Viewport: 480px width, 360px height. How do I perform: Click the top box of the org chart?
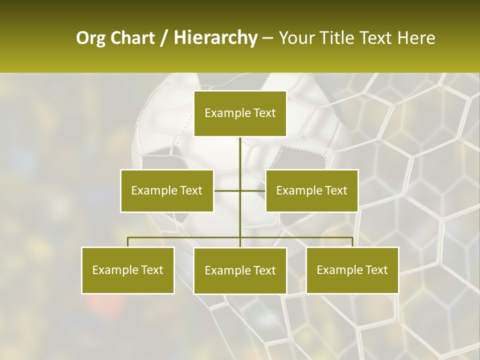(240, 113)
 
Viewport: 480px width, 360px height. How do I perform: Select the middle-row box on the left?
(166, 190)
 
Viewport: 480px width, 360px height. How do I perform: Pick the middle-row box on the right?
(311, 190)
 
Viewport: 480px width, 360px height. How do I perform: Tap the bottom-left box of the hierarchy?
(128, 270)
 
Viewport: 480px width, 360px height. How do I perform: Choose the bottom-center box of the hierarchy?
(240, 270)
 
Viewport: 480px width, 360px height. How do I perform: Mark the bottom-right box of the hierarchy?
(352, 270)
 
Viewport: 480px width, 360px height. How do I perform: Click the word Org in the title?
(90, 38)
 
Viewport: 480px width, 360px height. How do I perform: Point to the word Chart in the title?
(132, 38)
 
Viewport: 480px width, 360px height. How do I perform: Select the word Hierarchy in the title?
(215, 38)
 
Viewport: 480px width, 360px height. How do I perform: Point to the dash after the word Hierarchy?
(267, 38)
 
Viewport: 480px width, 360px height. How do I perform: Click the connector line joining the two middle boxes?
(227, 190)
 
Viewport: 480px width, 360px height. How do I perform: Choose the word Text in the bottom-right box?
(376, 270)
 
